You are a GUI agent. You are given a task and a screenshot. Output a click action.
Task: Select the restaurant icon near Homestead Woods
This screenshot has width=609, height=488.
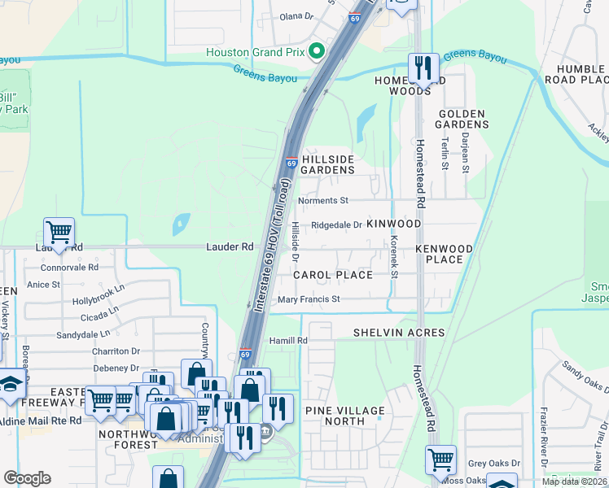[423, 68]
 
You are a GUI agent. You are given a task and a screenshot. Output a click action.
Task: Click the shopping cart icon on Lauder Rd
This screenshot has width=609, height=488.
[59, 233]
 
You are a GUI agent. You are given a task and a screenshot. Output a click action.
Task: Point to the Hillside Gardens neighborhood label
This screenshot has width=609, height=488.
[327, 164]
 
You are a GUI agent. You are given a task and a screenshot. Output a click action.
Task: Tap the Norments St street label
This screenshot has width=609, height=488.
[323, 200]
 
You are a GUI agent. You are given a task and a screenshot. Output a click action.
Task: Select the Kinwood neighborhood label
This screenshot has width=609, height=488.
[394, 224]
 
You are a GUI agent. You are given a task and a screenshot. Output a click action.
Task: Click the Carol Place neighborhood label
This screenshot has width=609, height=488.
[333, 275]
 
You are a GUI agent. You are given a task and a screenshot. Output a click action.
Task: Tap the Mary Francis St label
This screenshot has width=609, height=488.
[309, 299]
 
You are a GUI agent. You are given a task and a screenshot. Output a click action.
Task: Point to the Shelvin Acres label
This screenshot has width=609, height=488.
[399, 333]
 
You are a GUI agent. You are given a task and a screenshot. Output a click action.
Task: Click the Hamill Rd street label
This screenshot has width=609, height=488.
[290, 340]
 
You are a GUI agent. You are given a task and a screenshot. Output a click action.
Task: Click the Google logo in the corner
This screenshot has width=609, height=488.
[28, 477]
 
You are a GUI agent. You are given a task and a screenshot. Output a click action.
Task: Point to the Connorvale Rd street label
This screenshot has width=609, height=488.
[62, 267]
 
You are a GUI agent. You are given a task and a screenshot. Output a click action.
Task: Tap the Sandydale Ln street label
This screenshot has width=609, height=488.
[83, 334]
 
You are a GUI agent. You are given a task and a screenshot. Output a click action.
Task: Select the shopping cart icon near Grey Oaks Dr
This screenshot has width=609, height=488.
[440, 460]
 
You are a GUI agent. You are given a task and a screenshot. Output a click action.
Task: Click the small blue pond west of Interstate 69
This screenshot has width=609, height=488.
[181, 222]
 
